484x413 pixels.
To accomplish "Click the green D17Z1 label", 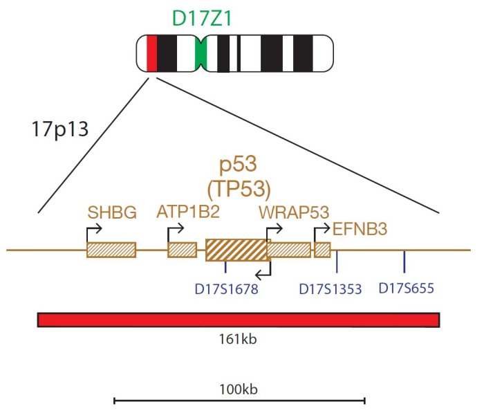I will point(202,19).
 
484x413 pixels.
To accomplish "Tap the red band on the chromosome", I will point(151,54).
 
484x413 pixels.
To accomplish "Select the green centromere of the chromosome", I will point(201,54).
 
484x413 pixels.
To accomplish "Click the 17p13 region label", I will point(60,129).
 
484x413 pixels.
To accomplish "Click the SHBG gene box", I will point(111,250).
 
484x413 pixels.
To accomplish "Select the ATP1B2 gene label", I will point(188,212).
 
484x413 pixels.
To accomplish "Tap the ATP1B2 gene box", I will point(183,250).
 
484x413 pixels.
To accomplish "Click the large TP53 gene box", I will point(236,250).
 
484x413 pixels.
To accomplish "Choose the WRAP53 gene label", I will point(294,212).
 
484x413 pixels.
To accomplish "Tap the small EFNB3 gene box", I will point(322,250).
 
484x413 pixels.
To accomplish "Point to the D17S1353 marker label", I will point(331,289).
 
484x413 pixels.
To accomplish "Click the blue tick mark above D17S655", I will point(404,261).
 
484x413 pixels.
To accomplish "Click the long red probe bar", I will point(239,320).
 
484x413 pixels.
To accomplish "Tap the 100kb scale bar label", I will point(239,389).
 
